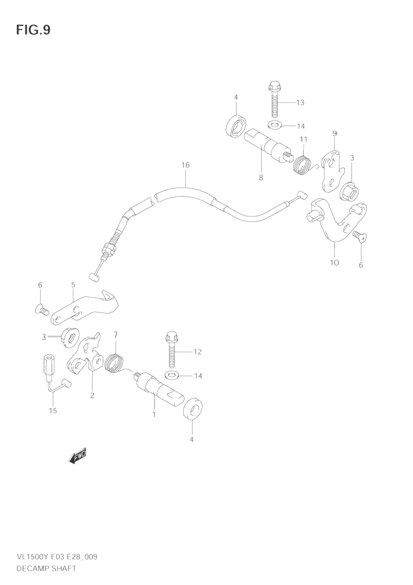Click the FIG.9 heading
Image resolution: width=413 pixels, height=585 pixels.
pos(33,30)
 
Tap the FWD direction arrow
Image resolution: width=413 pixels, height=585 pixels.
pos(78,455)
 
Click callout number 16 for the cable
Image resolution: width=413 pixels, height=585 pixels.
pos(185,165)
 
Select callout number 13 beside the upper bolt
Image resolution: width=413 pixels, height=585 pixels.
pos(300,102)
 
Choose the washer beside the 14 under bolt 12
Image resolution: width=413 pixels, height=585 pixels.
pos(173,375)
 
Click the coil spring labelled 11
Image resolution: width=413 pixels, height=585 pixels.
pos(302,164)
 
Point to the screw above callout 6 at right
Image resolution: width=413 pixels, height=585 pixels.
pos(361,237)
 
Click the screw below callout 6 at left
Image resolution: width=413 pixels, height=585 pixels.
pos(40,309)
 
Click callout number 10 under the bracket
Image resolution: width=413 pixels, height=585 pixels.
pos(334,263)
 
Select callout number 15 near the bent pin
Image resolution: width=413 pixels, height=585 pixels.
pos(53,410)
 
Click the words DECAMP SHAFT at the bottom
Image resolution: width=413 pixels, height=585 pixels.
pos(46,568)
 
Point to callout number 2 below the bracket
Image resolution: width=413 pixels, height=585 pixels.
pos(92,396)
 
